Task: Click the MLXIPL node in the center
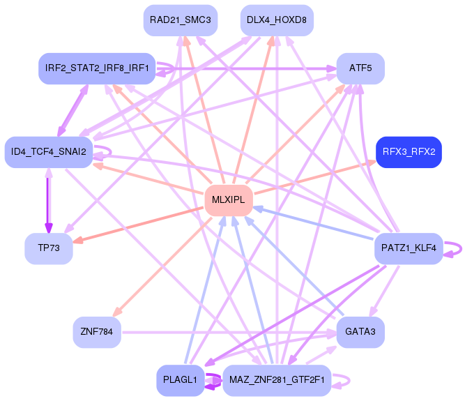tap(229, 200)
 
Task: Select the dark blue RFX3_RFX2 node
tap(409, 152)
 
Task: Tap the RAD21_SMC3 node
tap(181, 20)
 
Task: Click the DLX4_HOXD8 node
tap(277, 20)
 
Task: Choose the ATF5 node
tap(360, 68)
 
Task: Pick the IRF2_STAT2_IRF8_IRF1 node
tap(97, 68)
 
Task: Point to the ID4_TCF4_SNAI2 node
tap(49, 152)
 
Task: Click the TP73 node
tap(49, 248)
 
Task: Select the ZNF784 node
tap(97, 332)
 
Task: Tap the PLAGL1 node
tap(181, 380)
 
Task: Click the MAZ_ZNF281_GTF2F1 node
tap(277, 380)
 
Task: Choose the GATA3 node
tap(360, 332)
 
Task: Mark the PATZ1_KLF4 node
tap(409, 248)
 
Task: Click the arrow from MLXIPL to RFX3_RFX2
tap(315, 177)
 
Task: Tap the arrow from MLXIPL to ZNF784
tap(162, 266)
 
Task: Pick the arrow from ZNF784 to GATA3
tap(229, 333)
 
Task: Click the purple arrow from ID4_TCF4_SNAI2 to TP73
tap(48, 201)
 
